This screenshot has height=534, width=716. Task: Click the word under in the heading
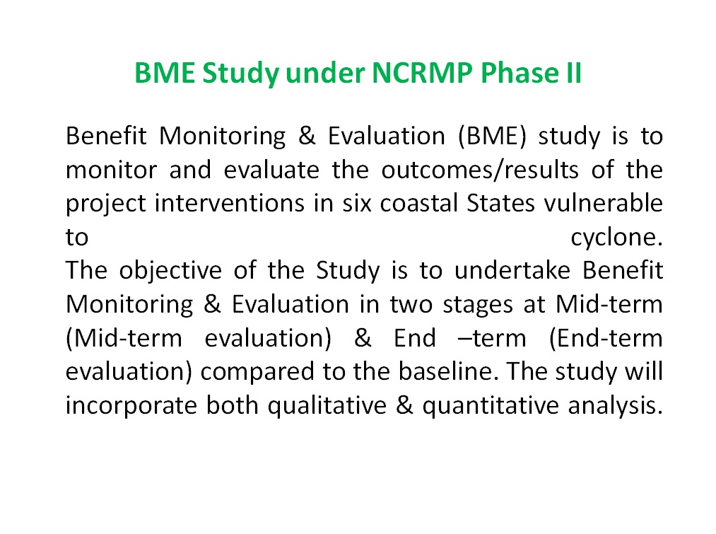pyautogui.click(x=319, y=73)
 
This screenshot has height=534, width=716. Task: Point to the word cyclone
pyautogui.click(x=616, y=238)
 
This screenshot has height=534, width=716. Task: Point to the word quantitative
pyautogui.click(x=486, y=406)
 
